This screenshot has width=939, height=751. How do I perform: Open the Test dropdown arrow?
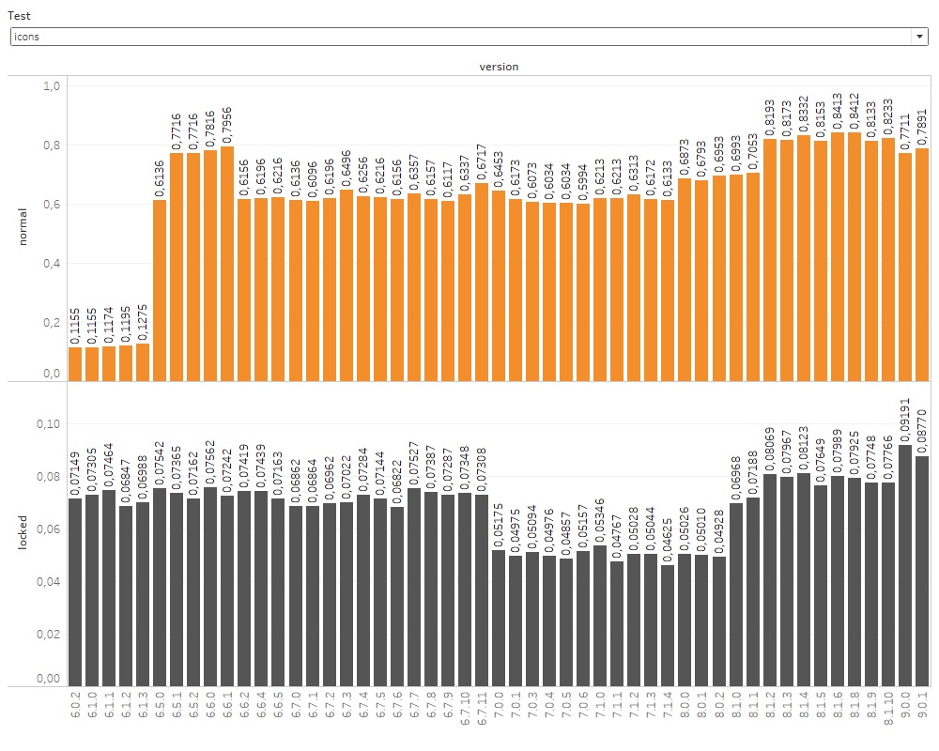pos(917,37)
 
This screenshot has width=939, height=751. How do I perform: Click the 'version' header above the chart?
pos(498,67)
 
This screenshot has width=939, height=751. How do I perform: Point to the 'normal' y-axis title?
pos(24,226)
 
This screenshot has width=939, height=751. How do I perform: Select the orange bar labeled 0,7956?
pos(227,263)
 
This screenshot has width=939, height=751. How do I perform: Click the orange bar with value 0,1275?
pos(143,361)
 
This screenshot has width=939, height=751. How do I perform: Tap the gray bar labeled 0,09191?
pos(905,563)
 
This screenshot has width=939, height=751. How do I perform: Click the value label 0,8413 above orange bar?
pos(838,111)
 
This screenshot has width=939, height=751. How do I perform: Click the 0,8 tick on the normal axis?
pos(52,146)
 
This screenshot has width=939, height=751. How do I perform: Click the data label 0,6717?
pos(482,161)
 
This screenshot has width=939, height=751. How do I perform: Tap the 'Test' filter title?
pos(18,16)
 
